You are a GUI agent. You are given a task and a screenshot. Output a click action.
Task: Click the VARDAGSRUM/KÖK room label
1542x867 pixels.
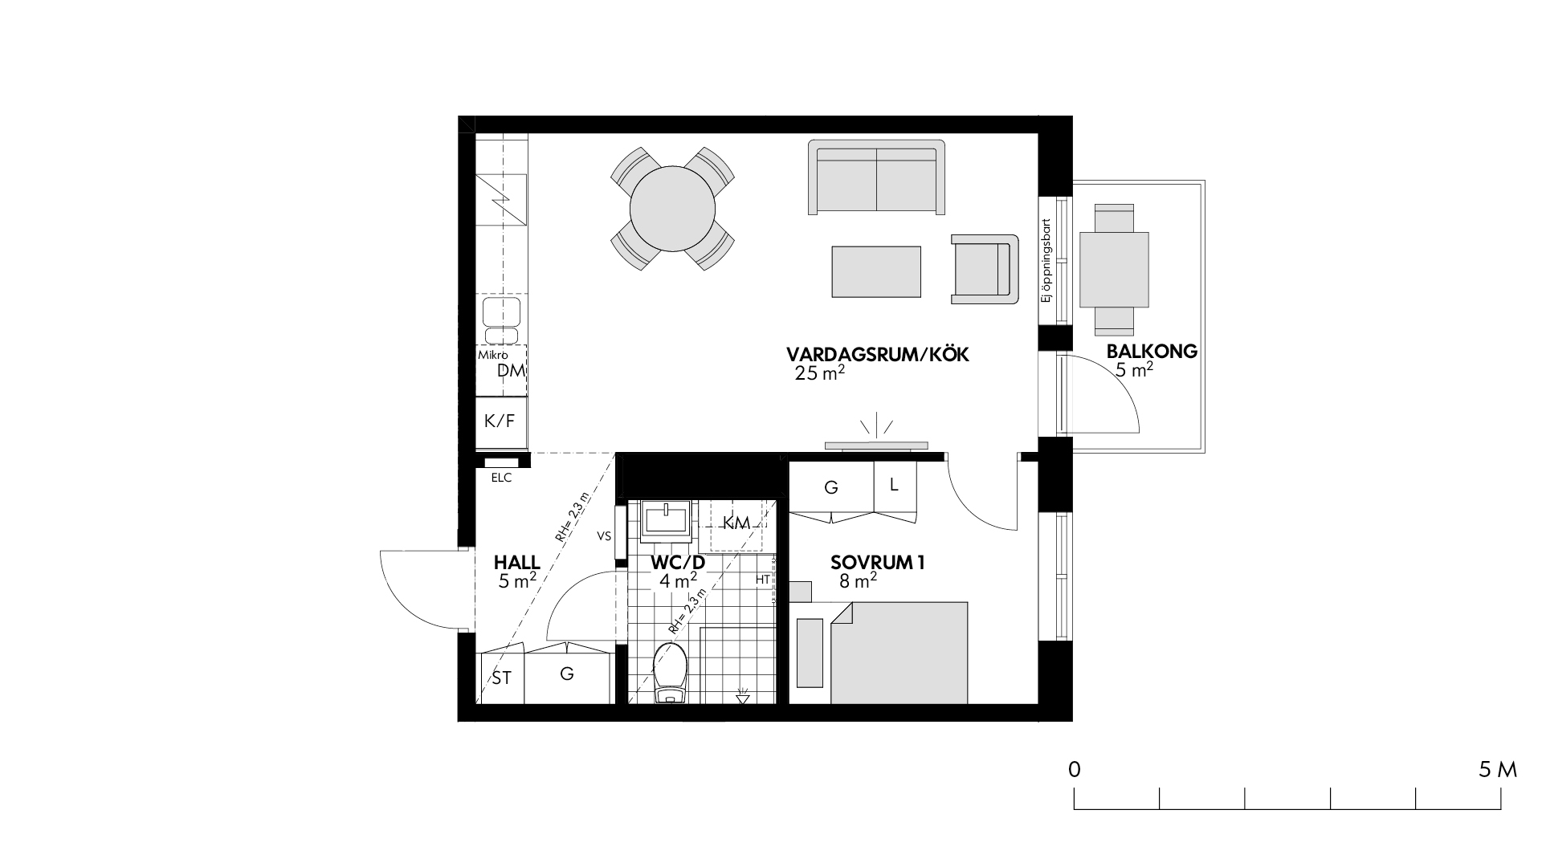click(878, 355)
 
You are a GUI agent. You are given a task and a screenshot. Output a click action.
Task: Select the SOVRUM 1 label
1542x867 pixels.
click(878, 563)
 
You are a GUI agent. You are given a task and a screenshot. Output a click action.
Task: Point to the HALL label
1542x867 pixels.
click(517, 563)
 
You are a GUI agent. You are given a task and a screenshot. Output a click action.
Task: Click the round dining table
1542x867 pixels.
click(672, 208)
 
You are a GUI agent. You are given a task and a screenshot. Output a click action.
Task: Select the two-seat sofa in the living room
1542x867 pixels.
click(877, 177)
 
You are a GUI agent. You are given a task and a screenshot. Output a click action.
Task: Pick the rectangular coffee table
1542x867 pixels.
click(876, 271)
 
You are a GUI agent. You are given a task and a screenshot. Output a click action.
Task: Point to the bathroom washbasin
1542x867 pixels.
click(667, 518)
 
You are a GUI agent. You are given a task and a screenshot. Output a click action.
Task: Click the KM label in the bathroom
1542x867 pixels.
click(736, 523)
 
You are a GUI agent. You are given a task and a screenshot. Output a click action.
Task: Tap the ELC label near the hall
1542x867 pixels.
click(501, 478)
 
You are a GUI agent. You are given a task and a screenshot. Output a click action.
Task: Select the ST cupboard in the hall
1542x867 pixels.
click(501, 678)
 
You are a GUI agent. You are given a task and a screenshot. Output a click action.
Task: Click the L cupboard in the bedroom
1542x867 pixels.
click(894, 485)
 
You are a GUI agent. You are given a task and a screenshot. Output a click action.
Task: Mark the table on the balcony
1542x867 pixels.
click(1114, 270)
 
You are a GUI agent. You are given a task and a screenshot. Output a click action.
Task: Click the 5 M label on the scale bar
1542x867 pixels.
click(1498, 770)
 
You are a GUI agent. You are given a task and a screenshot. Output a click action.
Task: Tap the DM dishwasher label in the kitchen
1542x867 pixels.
click(511, 370)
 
